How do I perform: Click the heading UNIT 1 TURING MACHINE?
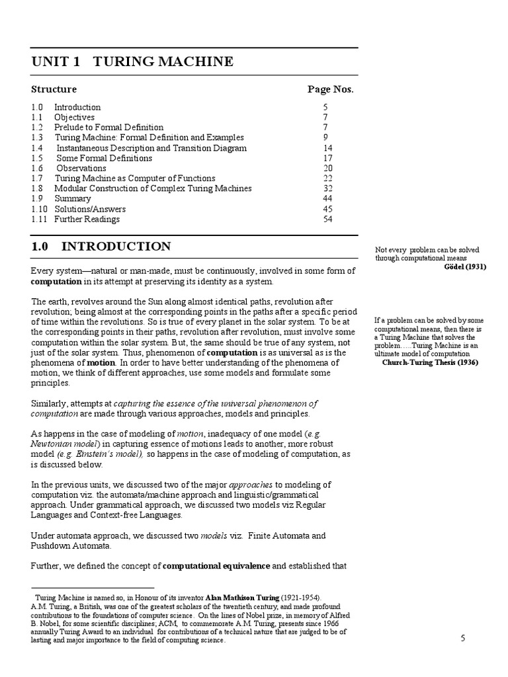point(132,62)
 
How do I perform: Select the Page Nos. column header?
point(331,89)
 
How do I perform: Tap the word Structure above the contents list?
point(54,89)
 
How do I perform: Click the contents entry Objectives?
point(74,117)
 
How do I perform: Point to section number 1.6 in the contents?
point(37,169)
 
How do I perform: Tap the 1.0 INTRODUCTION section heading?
point(101,247)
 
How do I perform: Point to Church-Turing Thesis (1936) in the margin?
point(430,362)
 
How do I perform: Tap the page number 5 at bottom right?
point(464,638)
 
